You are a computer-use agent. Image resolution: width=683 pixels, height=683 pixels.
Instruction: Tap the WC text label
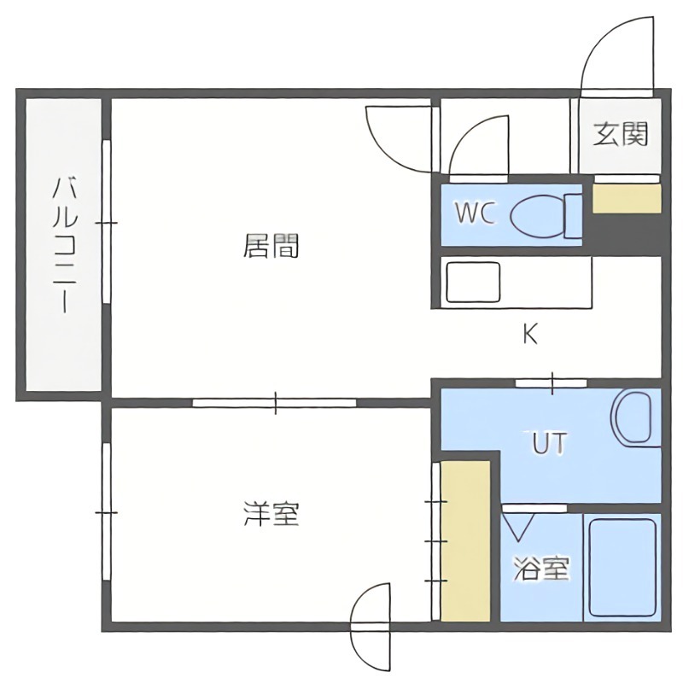475,213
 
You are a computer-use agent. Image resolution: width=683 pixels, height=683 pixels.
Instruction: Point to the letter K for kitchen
530,335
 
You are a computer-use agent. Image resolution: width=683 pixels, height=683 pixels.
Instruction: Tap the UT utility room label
550,443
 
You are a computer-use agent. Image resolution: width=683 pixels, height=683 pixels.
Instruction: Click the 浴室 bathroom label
541,569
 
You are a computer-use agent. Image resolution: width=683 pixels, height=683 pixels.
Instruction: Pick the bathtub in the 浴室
621,567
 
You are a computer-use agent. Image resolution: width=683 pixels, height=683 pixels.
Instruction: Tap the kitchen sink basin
472,283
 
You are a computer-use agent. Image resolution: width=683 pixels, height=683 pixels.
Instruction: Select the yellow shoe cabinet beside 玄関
627,198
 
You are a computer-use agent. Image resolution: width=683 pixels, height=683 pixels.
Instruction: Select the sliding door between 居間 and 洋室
274,402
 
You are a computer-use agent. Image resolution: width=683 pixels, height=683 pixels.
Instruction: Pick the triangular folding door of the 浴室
518,522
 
